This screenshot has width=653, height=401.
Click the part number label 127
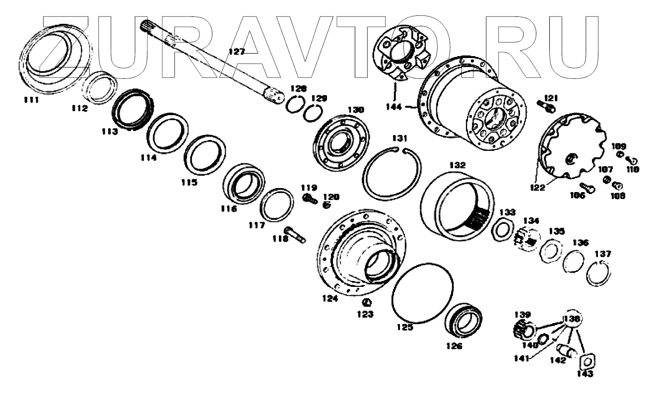tap(236, 51)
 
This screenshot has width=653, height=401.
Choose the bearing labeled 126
tap(463, 320)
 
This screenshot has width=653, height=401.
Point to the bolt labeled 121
tap(546, 105)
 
